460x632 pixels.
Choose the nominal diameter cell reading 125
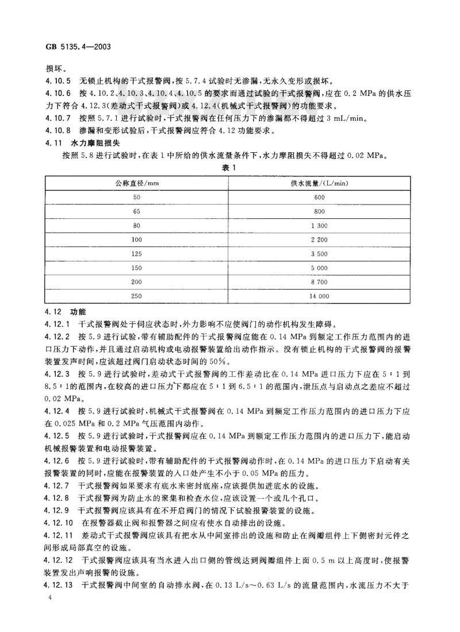pos(137,253)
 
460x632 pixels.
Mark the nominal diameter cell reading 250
pos(137,296)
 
